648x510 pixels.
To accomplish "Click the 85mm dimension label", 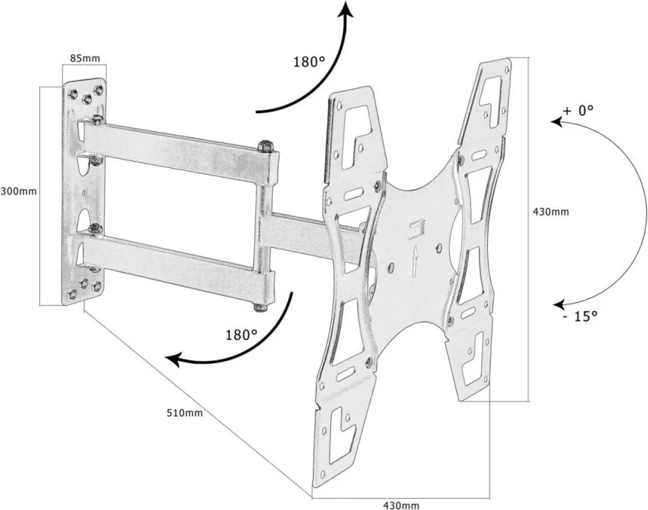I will click(84, 57).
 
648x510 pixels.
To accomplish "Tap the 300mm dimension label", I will click(18, 190).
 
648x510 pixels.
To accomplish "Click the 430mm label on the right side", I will click(551, 211).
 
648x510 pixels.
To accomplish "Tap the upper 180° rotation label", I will click(309, 62).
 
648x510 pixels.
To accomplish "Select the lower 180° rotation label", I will click(241, 334).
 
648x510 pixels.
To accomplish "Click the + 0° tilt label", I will click(577, 110).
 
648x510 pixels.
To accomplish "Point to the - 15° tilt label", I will click(580, 316).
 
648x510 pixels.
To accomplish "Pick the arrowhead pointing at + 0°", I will click(557, 122).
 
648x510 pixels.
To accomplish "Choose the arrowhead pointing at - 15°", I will click(558, 305).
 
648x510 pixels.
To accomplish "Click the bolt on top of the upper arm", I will click(266, 146).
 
